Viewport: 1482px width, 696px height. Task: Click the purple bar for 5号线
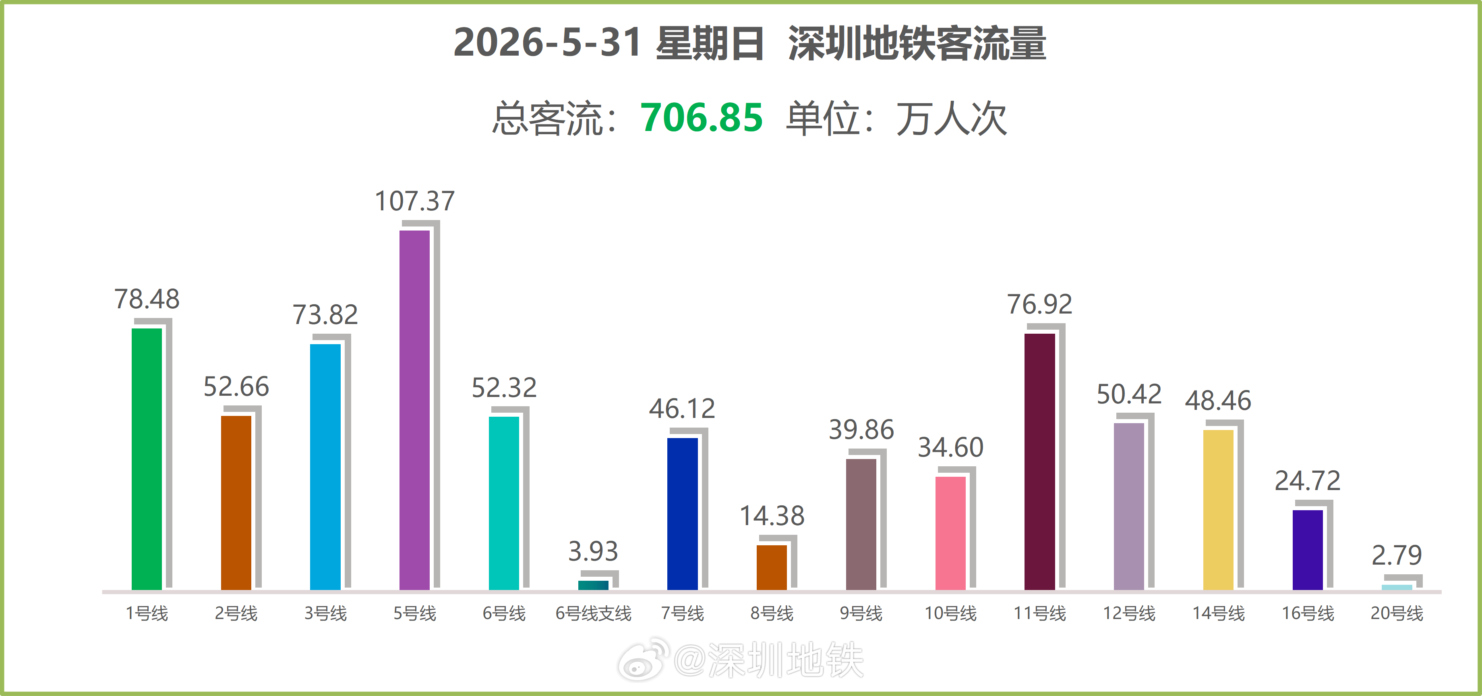[414, 410]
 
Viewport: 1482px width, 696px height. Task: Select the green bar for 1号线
[147, 459]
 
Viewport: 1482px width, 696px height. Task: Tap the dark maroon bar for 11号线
[1039, 462]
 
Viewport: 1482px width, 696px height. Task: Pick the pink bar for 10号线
[950, 533]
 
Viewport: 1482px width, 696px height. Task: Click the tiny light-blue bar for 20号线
[1397, 587]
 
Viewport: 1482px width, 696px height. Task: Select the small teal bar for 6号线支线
[593, 586]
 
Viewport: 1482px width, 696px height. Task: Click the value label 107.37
[414, 201]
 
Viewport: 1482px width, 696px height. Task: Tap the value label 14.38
[772, 516]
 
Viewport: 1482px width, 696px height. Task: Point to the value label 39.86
[861, 430]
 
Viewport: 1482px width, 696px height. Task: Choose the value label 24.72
[1308, 481]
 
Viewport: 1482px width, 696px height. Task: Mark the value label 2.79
[1397, 555]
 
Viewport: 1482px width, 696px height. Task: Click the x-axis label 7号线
[682, 613]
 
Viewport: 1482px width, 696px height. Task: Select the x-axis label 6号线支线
[593, 613]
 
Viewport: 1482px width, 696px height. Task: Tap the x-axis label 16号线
[1308, 613]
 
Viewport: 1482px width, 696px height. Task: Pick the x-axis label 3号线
[326, 613]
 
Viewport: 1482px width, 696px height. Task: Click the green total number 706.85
[701, 117]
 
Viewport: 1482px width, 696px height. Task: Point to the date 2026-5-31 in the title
[547, 43]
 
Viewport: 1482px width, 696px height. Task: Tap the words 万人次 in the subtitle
[952, 118]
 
